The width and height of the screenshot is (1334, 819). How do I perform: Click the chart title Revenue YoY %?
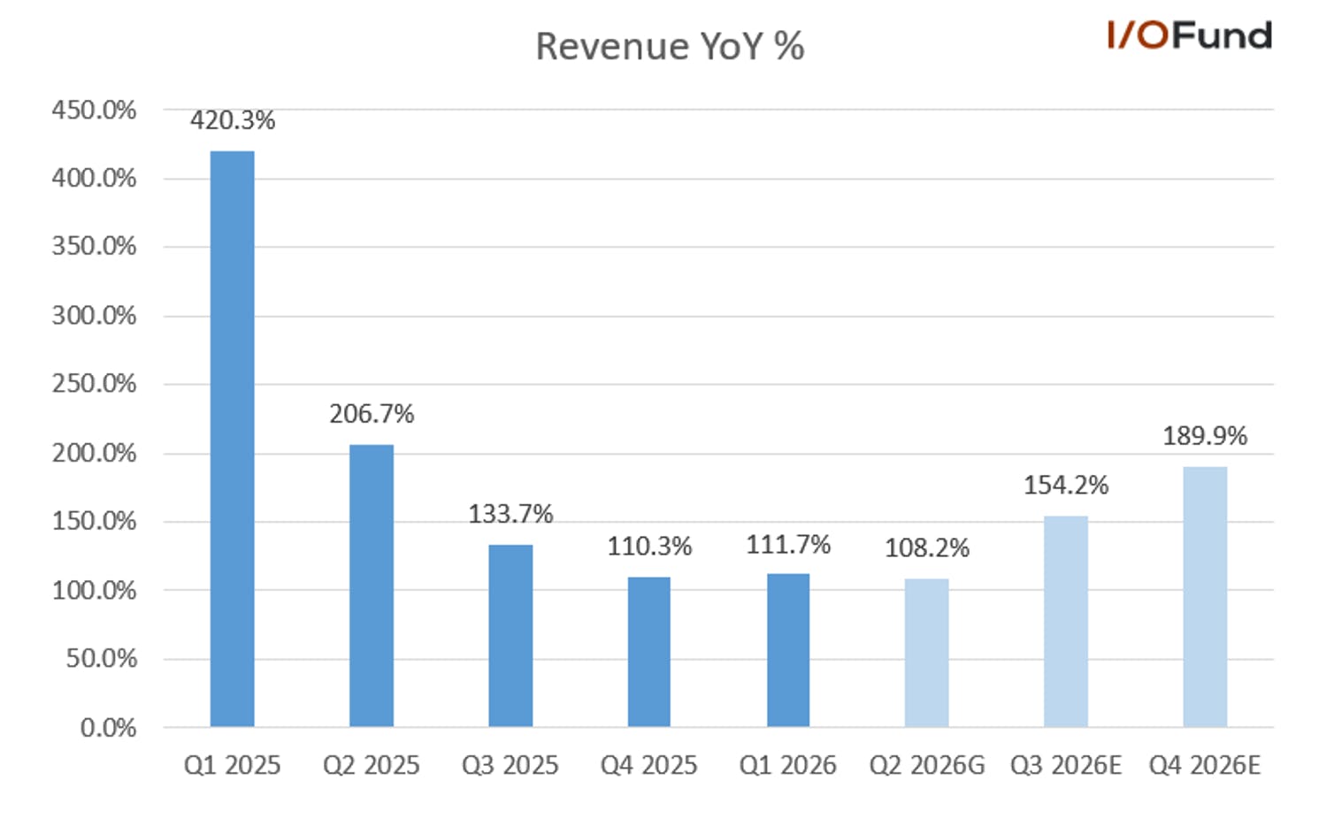(x=670, y=46)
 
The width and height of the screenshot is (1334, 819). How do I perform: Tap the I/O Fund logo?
(x=1189, y=35)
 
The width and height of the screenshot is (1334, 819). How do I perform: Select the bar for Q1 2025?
(x=233, y=439)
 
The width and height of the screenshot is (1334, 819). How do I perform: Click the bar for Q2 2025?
(x=372, y=586)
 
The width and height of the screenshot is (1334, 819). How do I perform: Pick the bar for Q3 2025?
(x=510, y=636)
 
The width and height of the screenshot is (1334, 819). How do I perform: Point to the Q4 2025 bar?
(x=649, y=652)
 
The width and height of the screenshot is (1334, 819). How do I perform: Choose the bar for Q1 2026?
(x=788, y=650)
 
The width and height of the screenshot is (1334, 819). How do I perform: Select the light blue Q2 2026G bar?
(x=927, y=653)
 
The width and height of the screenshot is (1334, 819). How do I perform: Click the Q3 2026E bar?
(x=1066, y=621)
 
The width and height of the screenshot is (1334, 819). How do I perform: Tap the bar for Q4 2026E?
(x=1205, y=597)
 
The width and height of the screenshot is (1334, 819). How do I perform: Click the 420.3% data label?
(x=233, y=120)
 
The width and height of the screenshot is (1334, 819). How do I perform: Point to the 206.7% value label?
(x=372, y=414)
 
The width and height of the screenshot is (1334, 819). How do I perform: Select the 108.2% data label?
(x=927, y=548)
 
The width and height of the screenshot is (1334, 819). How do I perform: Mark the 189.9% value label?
(x=1205, y=436)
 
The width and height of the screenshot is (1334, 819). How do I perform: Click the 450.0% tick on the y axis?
(x=94, y=111)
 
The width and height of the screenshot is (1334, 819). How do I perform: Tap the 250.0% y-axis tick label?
(x=94, y=384)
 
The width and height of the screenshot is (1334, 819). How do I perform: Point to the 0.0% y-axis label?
(x=109, y=728)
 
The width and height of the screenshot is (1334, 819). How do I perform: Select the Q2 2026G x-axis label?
(x=927, y=765)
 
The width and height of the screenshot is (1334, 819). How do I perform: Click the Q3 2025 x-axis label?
(x=510, y=765)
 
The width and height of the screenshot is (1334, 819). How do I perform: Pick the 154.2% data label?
(x=1066, y=486)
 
